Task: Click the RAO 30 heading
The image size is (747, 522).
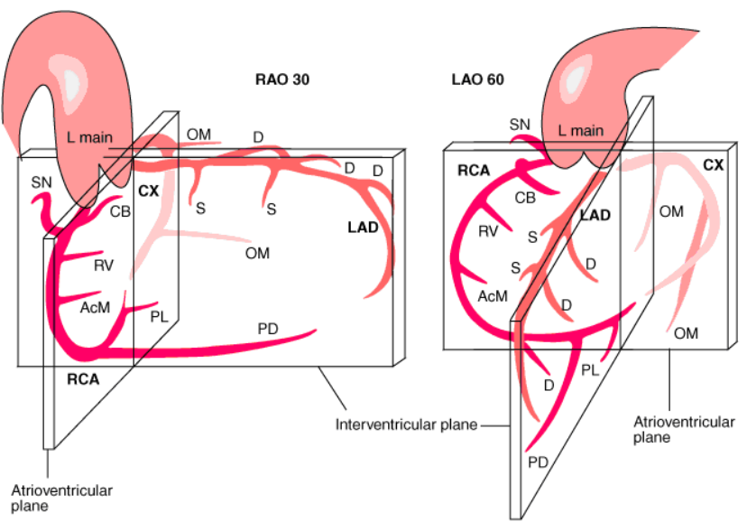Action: pos(282,79)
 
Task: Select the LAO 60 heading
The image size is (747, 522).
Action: pos(477,79)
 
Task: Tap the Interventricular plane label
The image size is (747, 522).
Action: pos(406,424)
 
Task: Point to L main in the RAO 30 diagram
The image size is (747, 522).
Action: pos(89,137)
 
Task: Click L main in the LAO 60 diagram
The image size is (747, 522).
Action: pos(580,130)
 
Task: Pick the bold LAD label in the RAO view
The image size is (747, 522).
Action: pos(363,228)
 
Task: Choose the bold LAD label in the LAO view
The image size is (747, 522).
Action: pos(595,215)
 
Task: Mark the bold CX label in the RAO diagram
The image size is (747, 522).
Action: pos(148,191)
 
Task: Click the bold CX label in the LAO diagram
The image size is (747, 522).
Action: pos(714,165)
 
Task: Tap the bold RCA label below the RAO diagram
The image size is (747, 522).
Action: pos(83,379)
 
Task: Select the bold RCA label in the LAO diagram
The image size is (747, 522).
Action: pos(474,170)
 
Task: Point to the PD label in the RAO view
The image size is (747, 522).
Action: pos(268,329)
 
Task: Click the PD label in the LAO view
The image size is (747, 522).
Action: pos(538,461)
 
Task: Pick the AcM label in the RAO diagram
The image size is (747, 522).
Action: pos(96,307)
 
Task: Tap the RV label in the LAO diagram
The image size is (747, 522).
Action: pos(488,231)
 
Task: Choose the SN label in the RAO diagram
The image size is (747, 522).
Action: pos(41,182)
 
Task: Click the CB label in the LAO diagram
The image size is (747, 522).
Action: pos(525,198)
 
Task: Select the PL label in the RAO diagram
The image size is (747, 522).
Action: pos(159,316)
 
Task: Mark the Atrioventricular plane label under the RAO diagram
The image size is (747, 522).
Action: pos(61,498)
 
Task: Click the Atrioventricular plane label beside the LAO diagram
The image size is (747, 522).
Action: pos(684,430)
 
